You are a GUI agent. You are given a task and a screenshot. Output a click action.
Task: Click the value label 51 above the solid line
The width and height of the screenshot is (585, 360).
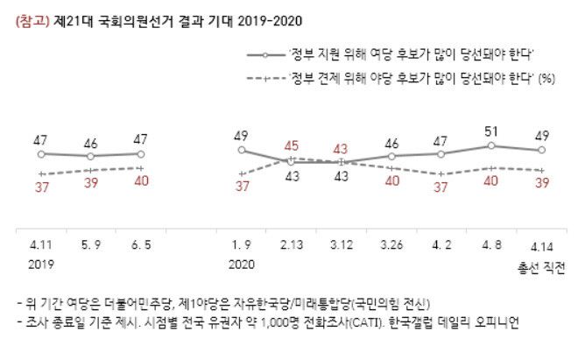491,133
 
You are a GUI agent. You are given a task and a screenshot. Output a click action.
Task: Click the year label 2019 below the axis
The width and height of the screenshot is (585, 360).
42,263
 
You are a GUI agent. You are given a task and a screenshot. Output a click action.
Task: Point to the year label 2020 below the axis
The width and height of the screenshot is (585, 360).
243,263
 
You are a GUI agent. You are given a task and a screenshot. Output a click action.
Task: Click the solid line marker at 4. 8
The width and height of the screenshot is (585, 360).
491,146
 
